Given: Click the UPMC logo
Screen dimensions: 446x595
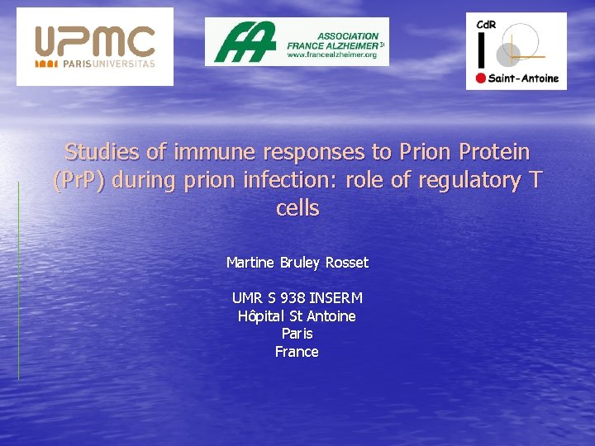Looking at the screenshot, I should [x=94, y=41].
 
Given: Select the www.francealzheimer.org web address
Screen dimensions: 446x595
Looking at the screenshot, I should [x=332, y=55].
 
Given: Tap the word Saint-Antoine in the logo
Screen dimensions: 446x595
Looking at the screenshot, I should [x=524, y=79].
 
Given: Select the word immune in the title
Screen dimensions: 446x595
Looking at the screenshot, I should [x=217, y=152].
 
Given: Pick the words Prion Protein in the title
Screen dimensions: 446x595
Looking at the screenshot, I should [x=464, y=152].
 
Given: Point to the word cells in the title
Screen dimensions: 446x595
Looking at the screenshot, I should [x=297, y=208].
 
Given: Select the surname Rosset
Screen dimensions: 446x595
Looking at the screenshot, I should [x=346, y=263].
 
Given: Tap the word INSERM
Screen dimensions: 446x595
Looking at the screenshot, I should [x=336, y=298].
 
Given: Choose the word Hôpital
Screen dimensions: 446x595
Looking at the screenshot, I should [x=261, y=316].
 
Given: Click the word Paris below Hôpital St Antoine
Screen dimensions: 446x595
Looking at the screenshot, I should [x=297, y=334].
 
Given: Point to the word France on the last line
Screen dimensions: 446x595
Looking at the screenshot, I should [x=297, y=352].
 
